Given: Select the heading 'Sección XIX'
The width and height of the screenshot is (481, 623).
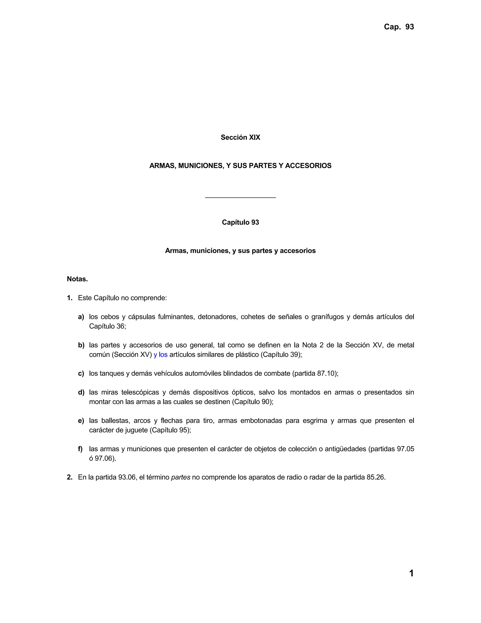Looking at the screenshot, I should click(240, 138).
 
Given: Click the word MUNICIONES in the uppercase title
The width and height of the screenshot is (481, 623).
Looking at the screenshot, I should click(201, 166).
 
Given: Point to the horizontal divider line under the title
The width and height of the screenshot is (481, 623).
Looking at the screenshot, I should click(240, 197).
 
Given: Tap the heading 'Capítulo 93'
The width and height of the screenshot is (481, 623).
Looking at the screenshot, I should click(240, 222).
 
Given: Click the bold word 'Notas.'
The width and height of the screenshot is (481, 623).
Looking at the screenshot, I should click(77, 279).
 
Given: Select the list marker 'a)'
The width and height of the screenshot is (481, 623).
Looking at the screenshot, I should click(81, 317).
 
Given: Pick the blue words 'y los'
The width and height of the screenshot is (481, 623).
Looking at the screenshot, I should click(160, 355).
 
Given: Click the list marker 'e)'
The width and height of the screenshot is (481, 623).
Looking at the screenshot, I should click(81, 421).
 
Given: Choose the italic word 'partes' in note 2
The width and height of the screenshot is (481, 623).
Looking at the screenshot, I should click(180, 477).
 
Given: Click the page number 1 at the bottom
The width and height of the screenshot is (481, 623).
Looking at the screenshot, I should click(411, 573).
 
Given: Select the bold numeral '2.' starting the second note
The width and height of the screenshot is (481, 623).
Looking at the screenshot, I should click(70, 477).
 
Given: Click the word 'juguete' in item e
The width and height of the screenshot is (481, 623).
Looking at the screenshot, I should click(136, 430).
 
